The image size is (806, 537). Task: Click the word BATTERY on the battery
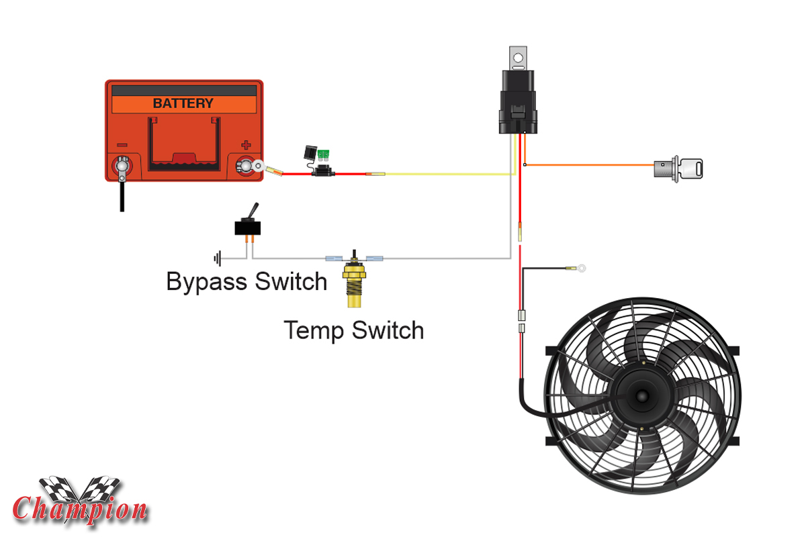coord(183,103)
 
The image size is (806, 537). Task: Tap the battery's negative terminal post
coord(122,164)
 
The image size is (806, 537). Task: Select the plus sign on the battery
coord(246,144)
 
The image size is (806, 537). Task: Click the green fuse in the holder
coord(326,155)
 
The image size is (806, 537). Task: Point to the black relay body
coord(517,101)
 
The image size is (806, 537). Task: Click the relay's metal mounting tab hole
coord(518,58)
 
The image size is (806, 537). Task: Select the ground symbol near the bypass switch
coord(216,258)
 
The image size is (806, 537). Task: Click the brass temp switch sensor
coord(354,282)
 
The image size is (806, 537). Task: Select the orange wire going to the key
coord(591,165)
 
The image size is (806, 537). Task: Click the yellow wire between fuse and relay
coord(443,175)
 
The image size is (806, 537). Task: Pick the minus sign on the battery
coord(122,144)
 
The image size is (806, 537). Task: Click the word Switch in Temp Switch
coord(391,330)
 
